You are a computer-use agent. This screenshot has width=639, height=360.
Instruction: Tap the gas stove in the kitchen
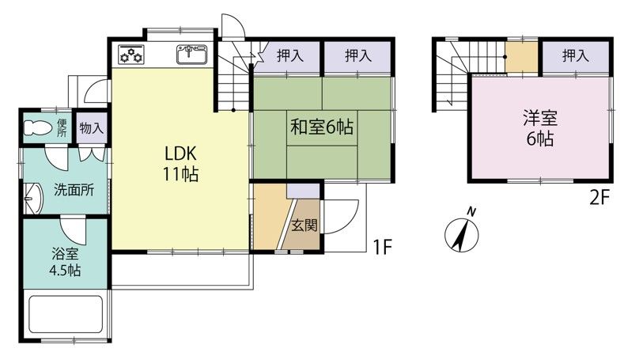[x=131, y=55]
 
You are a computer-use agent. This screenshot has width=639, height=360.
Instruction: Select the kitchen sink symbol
[x=192, y=55]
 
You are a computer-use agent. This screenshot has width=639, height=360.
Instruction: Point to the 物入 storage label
[x=92, y=129]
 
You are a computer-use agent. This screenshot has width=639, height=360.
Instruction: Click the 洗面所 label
[x=74, y=190]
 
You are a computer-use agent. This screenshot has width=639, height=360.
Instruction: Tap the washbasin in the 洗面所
[x=33, y=199]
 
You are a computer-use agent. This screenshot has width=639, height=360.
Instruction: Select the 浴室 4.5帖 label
[x=65, y=262]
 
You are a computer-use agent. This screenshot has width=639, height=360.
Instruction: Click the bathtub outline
[x=65, y=314]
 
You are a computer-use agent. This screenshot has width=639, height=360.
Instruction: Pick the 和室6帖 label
[x=322, y=127]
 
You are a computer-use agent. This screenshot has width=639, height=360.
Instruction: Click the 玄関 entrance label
[x=304, y=225]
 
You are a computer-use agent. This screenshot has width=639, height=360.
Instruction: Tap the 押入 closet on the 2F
[x=576, y=56]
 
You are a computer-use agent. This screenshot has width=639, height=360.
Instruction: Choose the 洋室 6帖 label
[x=540, y=129]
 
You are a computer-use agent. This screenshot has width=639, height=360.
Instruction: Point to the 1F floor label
[x=382, y=247]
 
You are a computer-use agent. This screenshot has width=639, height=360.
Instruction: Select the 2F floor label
[x=599, y=199]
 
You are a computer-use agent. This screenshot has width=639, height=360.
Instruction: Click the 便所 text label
[x=62, y=127]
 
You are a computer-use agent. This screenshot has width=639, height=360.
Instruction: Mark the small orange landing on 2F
[x=522, y=57]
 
